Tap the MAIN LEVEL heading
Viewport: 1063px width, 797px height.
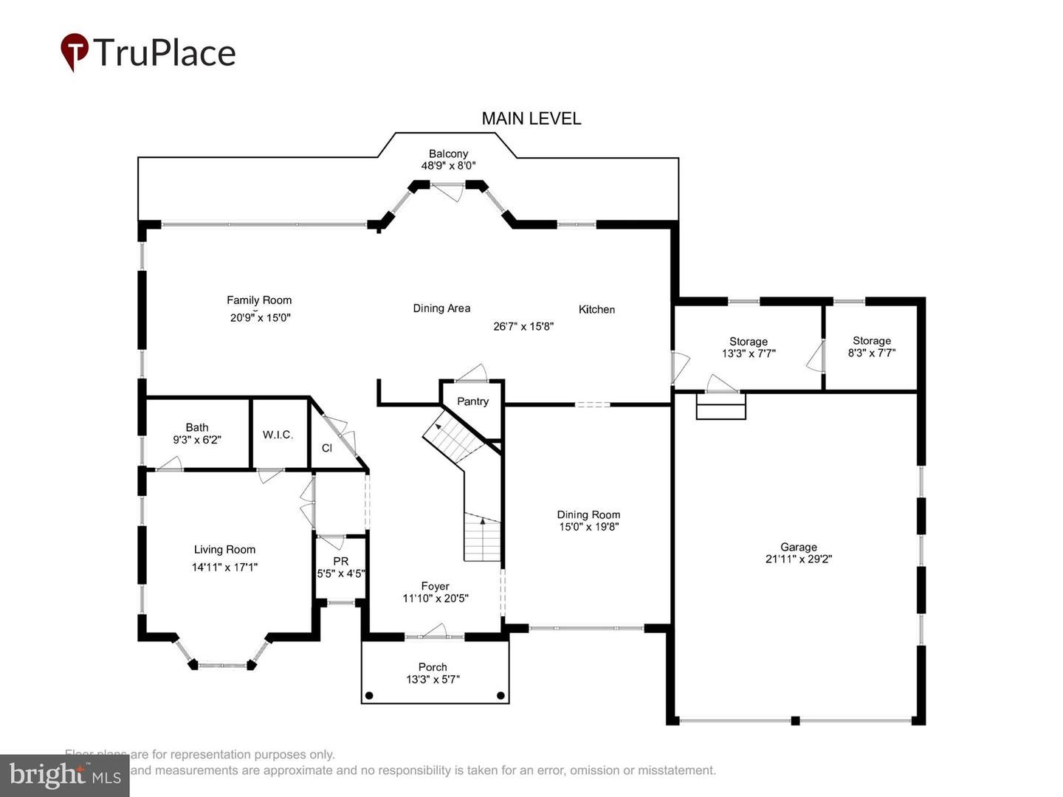531,118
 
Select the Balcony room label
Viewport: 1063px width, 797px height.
448,153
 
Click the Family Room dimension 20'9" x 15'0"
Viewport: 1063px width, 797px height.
260,318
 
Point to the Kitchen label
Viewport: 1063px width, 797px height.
596,309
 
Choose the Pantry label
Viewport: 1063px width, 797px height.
472,401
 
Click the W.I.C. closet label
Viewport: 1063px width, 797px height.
278,435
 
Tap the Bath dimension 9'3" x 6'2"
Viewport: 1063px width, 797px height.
197,440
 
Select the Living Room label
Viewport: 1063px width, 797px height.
224,550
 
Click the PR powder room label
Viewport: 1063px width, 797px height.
340,561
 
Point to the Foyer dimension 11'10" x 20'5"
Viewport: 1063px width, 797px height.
436,598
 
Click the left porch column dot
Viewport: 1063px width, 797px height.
369,695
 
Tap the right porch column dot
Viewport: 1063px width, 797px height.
500,695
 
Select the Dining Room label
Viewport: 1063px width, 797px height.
588,514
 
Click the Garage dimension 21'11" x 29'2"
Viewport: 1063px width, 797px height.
799,559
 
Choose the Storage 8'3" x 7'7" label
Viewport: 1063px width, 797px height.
872,341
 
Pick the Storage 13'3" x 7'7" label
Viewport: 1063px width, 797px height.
749,342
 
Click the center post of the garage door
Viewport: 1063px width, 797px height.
795,720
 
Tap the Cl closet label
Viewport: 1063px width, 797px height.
327,448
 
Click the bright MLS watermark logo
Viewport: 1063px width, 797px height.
65,775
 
